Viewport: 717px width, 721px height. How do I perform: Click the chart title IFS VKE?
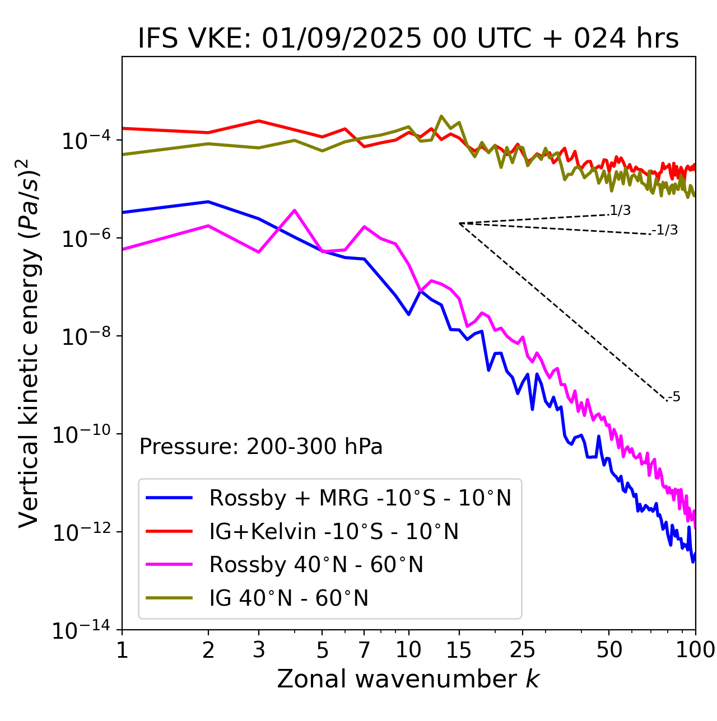(408, 39)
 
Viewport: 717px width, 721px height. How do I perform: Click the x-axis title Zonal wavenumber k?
(408, 679)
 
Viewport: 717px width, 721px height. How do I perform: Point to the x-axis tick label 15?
(459, 650)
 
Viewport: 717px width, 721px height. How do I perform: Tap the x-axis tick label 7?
(364, 650)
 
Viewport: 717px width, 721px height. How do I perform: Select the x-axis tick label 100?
(695, 650)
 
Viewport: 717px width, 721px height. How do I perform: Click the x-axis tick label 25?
(522, 650)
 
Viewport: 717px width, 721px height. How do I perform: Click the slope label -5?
(674, 397)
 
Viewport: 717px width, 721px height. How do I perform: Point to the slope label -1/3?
(665, 230)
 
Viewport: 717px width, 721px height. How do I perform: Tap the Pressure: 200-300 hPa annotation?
(260, 447)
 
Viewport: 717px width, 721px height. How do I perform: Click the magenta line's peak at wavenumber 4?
(295, 210)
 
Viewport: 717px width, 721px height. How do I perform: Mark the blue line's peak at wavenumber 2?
(208, 202)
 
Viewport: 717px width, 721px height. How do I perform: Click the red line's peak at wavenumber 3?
(259, 121)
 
